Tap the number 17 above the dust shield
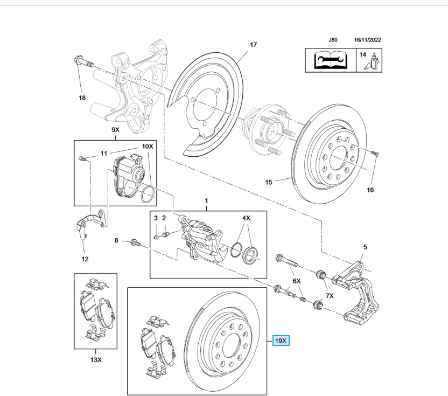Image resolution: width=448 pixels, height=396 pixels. pyautogui.click(x=253, y=45)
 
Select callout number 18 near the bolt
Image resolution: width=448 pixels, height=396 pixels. pyautogui.click(x=82, y=98)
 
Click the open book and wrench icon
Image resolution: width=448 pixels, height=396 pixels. pyautogui.click(x=330, y=60)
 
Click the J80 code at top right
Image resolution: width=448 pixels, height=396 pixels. pyautogui.click(x=333, y=40)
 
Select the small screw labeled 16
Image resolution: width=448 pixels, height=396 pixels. pyautogui.click(x=376, y=154)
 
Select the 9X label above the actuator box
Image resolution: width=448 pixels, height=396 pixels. pyautogui.click(x=116, y=130)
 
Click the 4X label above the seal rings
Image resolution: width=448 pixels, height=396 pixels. pyautogui.click(x=246, y=218)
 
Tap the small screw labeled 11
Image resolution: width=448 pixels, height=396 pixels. pyautogui.click(x=81, y=158)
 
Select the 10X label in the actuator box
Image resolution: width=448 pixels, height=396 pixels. pyautogui.click(x=147, y=147)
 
